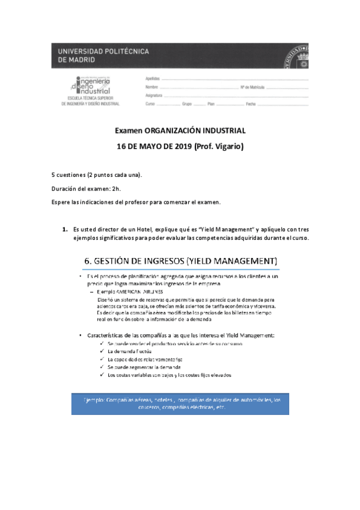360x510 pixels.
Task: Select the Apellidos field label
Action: [x=153, y=79]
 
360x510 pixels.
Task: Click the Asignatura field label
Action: [x=154, y=96]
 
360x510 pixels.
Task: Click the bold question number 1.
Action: [x=64, y=229]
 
